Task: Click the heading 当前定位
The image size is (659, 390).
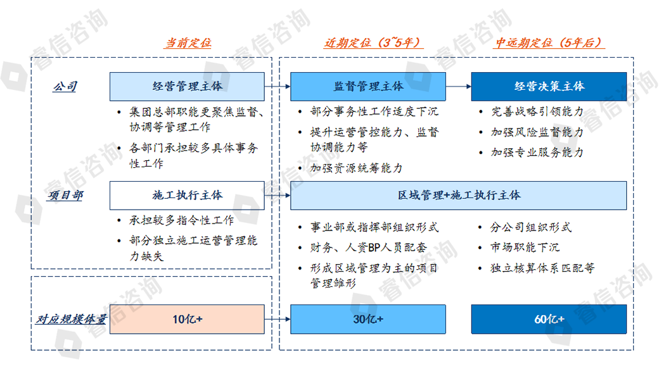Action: (188, 43)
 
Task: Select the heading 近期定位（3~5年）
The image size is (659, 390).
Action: (373, 43)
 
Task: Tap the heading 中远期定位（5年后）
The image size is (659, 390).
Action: (549, 43)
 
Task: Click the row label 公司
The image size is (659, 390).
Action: (65, 87)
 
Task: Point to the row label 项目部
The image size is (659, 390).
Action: (65, 195)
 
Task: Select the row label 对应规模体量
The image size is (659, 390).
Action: (70, 319)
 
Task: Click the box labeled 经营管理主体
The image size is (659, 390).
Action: (187, 87)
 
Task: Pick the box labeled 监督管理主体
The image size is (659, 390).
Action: (368, 87)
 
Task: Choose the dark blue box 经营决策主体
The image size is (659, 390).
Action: (549, 87)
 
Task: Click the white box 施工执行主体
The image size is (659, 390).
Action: (187, 195)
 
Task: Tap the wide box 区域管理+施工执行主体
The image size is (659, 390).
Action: (459, 195)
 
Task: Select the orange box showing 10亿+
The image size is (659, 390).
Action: (187, 319)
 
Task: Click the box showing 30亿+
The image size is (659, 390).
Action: (368, 319)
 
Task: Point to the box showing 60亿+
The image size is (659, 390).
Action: (549, 319)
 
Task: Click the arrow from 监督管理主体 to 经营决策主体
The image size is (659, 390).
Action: (459, 87)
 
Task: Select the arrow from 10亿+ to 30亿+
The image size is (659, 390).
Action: (278, 319)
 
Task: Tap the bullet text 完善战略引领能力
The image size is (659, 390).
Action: (537, 111)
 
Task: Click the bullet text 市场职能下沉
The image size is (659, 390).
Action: (525, 248)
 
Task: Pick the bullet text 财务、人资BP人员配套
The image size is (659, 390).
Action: (369, 248)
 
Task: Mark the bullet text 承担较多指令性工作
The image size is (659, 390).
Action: (182, 220)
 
